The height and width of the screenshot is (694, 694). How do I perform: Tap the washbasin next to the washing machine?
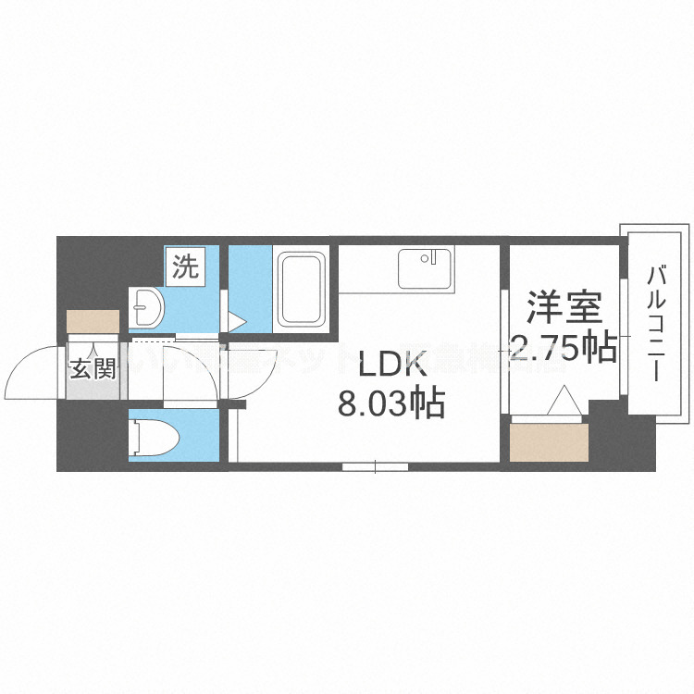[x=144, y=302]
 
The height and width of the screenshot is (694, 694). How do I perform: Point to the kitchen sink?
[x=426, y=268]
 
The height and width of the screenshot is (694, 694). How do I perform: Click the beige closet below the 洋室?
[x=548, y=443]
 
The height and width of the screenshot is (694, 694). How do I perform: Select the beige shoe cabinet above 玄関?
[x=93, y=320]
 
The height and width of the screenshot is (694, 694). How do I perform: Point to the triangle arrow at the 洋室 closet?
[x=563, y=403]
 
